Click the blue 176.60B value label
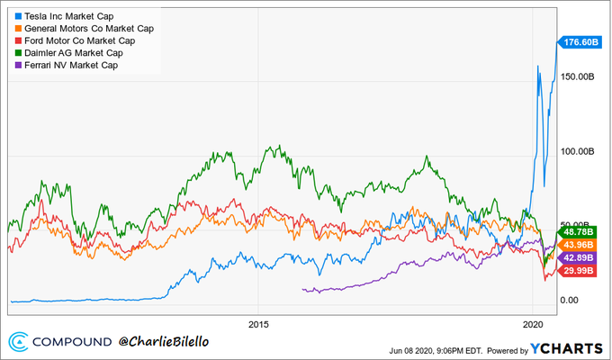pyautogui.click(x=580, y=42)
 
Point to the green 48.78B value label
pyautogui.click(x=580, y=231)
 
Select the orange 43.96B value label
pyautogui.click(x=580, y=245)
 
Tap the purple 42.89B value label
pyautogui.click(x=580, y=258)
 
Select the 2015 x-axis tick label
pyautogui.click(x=258, y=323)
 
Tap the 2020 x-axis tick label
pyautogui.click(x=533, y=323)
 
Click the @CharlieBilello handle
pyautogui.click(x=172, y=342)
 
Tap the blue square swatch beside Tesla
pyautogui.click(x=19, y=16)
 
